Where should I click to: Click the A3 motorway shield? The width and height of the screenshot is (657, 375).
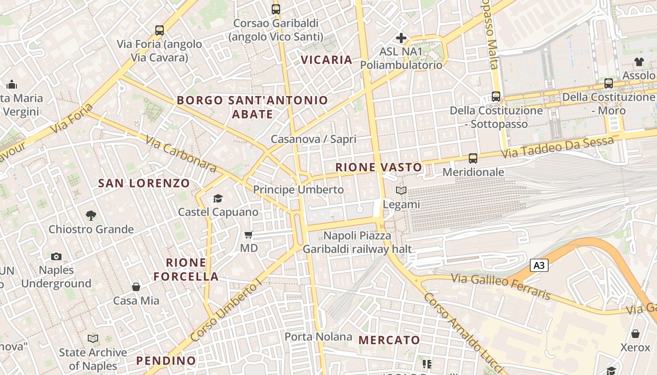pos(539,265)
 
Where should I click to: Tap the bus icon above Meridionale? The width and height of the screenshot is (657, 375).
pos(473,158)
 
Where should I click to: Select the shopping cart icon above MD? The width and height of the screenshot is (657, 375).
pos(249,234)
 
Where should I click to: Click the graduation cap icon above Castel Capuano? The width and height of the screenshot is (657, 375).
pos(218,199)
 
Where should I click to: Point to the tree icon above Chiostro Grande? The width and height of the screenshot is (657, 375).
pos(91,216)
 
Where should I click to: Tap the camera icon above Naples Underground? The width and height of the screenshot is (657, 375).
pos(56,256)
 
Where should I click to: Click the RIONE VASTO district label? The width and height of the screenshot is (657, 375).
pos(379,167)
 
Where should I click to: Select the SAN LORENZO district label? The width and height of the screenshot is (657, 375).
pos(144,183)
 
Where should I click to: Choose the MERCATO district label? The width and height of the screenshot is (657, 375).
pos(389,340)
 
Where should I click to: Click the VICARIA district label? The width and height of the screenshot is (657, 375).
pos(326,60)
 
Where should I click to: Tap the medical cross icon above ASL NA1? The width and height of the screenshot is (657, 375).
pos(401,37)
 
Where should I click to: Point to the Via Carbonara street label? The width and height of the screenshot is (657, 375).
pos(181,153)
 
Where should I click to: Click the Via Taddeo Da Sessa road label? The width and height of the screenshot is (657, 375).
pos(558,147)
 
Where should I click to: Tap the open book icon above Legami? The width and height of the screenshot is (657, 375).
pos(401,190)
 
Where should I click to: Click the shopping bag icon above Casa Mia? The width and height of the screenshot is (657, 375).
pos(136,287)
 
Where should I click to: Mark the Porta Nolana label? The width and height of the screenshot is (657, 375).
pos(318,337)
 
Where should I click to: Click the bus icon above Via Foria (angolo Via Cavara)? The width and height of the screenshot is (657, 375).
pos(160,30)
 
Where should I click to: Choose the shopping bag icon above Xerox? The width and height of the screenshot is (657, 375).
pos(635,334)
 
